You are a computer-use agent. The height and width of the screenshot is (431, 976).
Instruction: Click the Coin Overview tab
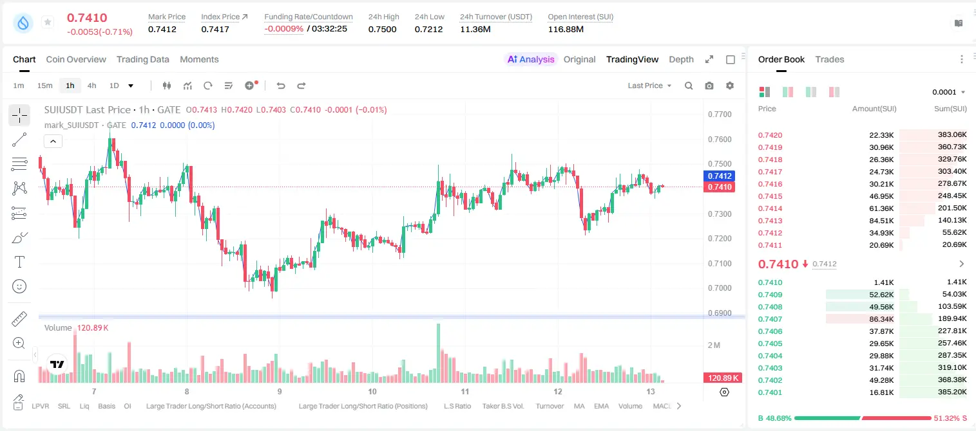point(76,59)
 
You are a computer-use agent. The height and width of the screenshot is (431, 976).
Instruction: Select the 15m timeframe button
point(44,86)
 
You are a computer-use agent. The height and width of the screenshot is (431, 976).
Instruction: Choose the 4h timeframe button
point(91,86)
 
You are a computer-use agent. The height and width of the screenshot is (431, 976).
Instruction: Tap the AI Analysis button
point(531,59)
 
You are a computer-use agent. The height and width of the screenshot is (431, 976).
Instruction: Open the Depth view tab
point(681,59)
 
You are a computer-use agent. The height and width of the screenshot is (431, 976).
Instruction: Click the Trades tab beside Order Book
point(830,59)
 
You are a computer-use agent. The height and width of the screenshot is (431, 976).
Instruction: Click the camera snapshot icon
point(709,86)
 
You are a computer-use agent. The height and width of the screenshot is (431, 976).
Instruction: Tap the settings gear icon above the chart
point(730,86)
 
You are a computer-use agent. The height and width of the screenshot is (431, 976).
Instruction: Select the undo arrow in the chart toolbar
point(281,86)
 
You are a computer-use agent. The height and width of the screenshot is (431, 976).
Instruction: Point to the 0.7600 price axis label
point(720,139)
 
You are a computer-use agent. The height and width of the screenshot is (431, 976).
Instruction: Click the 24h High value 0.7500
point(382,29)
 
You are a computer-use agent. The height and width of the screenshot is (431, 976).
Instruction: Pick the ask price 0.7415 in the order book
point(770,196)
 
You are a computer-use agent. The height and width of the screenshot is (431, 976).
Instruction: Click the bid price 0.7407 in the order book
point(770,319)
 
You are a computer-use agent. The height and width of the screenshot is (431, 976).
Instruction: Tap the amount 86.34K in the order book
point(881,319)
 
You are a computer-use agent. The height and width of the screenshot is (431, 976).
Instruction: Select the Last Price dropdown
point(649,86)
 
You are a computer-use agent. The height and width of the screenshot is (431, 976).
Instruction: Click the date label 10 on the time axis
point(372,391)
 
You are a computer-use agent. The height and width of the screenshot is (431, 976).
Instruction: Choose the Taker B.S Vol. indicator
point(502,406)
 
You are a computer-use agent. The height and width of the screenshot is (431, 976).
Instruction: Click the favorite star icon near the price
point(48,22)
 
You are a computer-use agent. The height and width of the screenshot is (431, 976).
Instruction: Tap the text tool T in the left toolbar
point(19,262)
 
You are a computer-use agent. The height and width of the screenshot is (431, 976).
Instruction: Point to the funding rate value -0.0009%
point(283,29)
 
